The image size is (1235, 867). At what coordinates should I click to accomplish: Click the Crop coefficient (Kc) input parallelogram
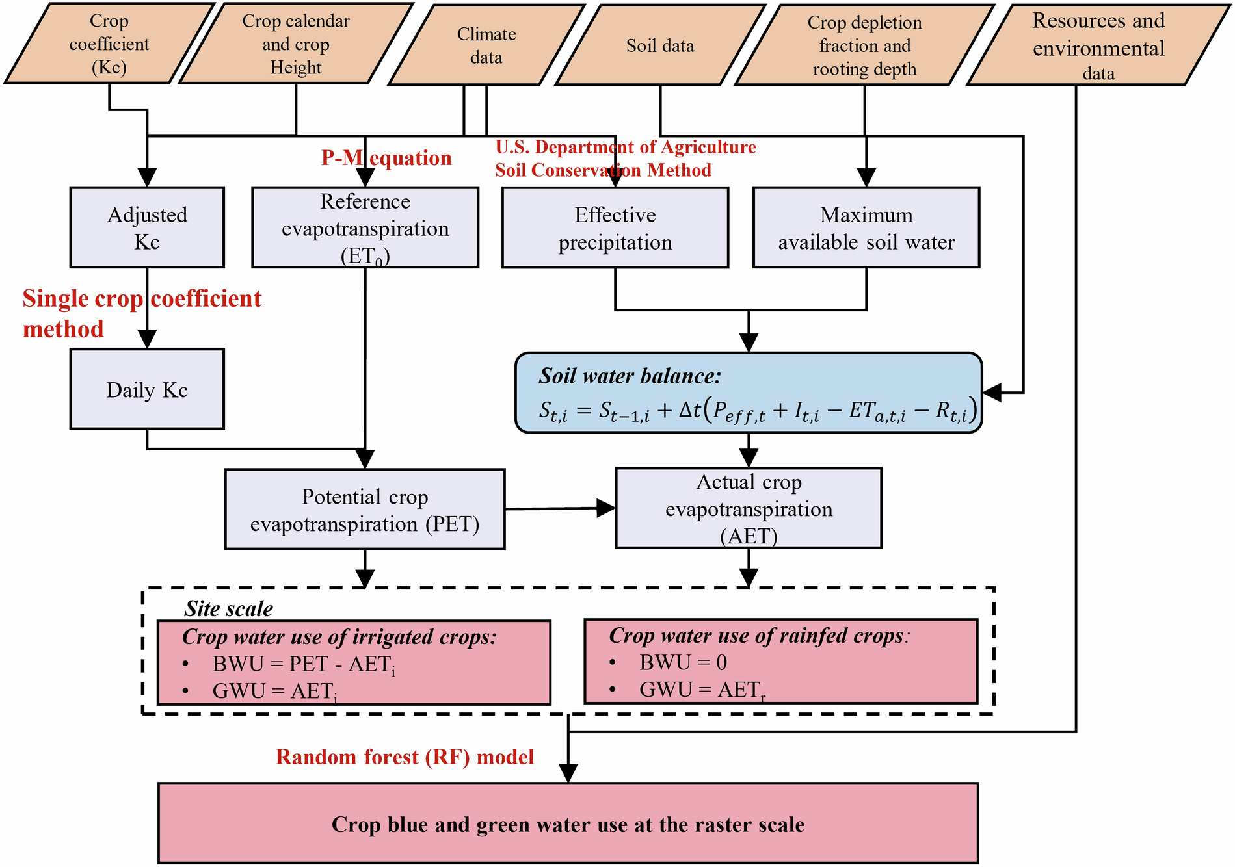coord(109,44)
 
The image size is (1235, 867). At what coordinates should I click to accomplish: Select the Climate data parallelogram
coord(486,45)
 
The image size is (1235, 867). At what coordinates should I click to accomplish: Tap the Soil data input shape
coord(659,45)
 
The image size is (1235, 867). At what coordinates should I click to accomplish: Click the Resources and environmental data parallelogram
coord(1098,45)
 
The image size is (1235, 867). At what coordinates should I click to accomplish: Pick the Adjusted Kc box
coord(147,227)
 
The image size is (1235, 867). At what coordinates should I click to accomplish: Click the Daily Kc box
coord(147,389)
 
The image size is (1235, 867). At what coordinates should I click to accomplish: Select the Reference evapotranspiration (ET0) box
coord(365,227)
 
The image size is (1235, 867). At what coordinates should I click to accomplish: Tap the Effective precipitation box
coord(615,227)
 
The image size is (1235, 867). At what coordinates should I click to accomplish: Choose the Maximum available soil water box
coord(866,227)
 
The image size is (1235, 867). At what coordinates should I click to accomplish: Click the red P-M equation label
coord(386,158)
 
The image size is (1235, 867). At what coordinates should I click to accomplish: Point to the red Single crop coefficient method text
coord(141,313)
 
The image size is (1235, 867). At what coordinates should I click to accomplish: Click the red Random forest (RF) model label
coord(405,757)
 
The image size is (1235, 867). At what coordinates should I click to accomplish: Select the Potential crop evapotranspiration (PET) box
coord(365,510)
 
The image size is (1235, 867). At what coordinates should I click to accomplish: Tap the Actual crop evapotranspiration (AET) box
coord(749,508)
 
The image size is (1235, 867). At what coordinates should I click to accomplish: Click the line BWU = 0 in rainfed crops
coord(683,662)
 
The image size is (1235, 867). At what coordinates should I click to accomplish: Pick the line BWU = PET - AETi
coord(303,664)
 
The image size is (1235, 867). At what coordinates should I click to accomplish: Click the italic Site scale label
coord(228,608)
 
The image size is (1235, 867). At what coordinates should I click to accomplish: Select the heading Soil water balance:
coord(630,376)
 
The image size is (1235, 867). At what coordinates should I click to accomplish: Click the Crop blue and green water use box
coord(568,823)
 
